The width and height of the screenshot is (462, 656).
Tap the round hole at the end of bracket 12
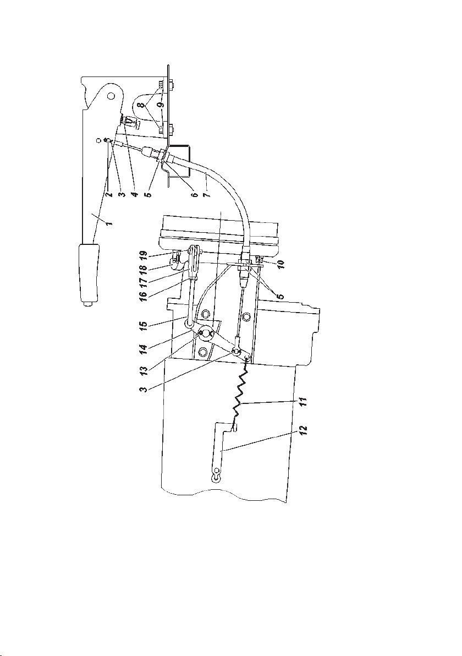[x=216, y=472]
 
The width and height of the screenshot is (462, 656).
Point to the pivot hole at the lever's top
[x=110, y=96]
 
